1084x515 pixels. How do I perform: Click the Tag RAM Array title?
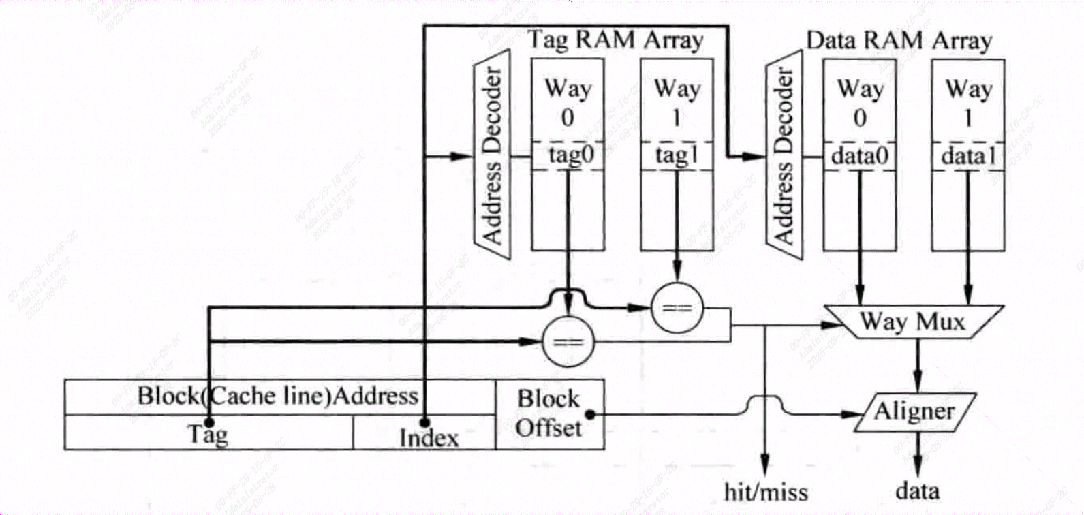[x=615, y=40]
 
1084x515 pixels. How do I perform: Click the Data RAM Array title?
[x=899, y=40]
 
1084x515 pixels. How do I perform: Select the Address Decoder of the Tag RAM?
[x=492, y=155]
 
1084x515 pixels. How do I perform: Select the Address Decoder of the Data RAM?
[x=784, y=155]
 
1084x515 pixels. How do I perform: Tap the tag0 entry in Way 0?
[x=568, y=156]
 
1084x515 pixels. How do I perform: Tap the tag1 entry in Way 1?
[x=677, y=156]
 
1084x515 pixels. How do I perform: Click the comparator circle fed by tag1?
[x=677, y=308]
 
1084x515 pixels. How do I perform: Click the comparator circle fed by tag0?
[x=568, y=341]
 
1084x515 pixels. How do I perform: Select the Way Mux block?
[x=912, y=321]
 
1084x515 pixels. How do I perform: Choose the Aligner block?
[x=914, y=411]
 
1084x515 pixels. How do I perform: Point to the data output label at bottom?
[x=917, y=490]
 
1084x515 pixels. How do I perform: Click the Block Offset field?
[x=549, y=413]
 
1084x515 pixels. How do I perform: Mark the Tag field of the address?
[x=208, y=433]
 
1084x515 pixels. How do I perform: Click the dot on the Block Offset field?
[x=590, y=413]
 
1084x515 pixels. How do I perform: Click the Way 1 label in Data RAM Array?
[x=967, y=102]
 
